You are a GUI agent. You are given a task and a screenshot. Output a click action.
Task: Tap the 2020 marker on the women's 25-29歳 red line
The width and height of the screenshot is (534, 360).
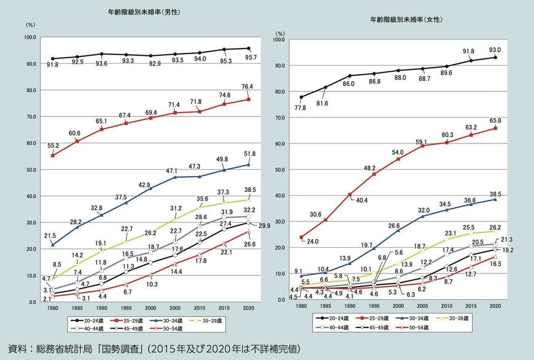tap(495, 128)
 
